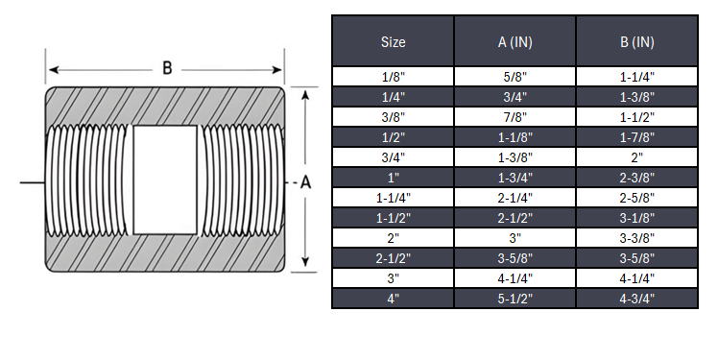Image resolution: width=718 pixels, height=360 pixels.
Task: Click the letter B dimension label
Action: [166, 69]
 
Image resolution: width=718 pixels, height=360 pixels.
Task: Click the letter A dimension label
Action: [306, 181]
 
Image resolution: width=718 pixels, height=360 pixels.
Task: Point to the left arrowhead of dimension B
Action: [52, 69]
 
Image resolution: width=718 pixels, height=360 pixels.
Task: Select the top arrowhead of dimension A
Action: [306, 94]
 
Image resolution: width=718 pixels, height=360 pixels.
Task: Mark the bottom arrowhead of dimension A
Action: [306, 266]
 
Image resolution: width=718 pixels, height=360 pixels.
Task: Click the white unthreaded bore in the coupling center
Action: [164, 180]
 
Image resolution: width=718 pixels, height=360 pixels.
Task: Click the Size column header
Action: [393, 41]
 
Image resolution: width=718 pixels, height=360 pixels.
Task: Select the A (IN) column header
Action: [515, 41]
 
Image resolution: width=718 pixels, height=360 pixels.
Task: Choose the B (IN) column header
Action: [636, 41]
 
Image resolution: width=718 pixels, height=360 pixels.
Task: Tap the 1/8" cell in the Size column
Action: [393, 76]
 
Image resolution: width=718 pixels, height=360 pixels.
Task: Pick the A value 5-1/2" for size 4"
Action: [515, 299]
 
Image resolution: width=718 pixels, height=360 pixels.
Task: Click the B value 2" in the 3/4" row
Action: [636, 156]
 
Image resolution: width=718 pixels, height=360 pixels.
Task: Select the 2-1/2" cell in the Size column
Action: [393, 258]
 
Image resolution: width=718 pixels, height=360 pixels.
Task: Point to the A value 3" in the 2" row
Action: [515, 238]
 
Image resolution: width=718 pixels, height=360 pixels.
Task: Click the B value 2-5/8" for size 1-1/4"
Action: [636, 197]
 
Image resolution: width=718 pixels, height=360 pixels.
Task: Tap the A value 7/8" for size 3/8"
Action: [515, 116]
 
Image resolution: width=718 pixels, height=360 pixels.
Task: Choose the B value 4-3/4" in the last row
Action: [636, 299]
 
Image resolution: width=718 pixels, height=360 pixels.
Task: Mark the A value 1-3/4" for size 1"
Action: [515, 177]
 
